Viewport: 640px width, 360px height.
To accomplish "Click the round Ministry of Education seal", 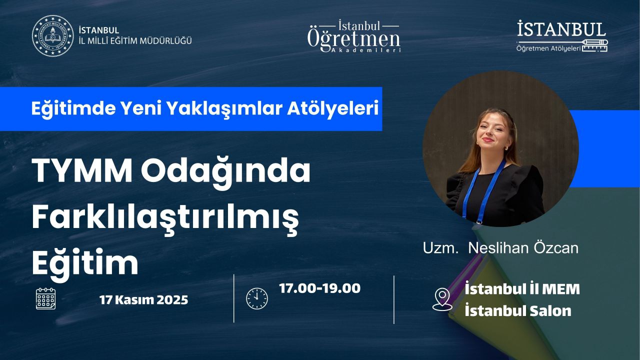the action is (x=52, y=35).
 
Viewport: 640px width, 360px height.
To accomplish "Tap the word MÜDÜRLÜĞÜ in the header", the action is (x=165, y=41).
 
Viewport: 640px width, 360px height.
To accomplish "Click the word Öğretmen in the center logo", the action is (x=353, y=40).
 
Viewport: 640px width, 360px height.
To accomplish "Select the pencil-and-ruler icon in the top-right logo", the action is (x=595, y=45).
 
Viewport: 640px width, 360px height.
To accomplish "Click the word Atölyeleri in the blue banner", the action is (x=333, y=108).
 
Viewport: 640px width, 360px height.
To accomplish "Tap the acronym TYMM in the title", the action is (x=82, y=171).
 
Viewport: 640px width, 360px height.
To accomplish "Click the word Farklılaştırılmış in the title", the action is (x=165, y=219).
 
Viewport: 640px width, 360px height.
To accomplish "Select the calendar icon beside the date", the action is (x=45, y=298).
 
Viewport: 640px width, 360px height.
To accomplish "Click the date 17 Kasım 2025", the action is (x=143, y=300).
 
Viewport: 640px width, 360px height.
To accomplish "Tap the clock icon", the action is (x=257, y=298).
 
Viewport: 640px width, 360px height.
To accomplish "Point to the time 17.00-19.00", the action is (x=319, y=288).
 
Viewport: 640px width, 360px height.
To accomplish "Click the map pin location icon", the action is (x=442, y=299).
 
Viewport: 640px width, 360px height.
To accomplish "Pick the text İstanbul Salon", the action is (x=518, y=310).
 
